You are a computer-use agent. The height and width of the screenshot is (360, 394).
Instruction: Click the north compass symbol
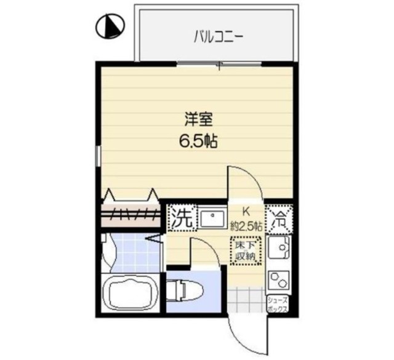[x=110, y=25]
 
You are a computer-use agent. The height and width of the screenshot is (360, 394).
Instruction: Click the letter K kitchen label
[x=245, y=209]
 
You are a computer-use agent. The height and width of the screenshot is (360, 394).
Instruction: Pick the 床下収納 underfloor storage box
[x=246, y=251]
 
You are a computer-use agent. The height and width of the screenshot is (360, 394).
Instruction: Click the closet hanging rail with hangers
[x=131, y=214]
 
